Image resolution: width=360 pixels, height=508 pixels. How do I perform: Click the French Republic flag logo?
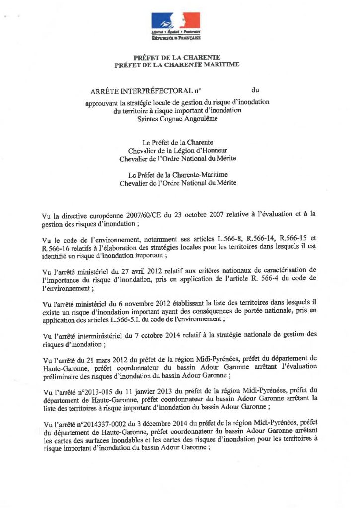point(176,21)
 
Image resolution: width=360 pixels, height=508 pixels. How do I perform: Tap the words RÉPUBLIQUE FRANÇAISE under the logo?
point(176,38)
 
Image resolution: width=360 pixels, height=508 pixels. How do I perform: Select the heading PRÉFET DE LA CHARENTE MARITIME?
point(177,64)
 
